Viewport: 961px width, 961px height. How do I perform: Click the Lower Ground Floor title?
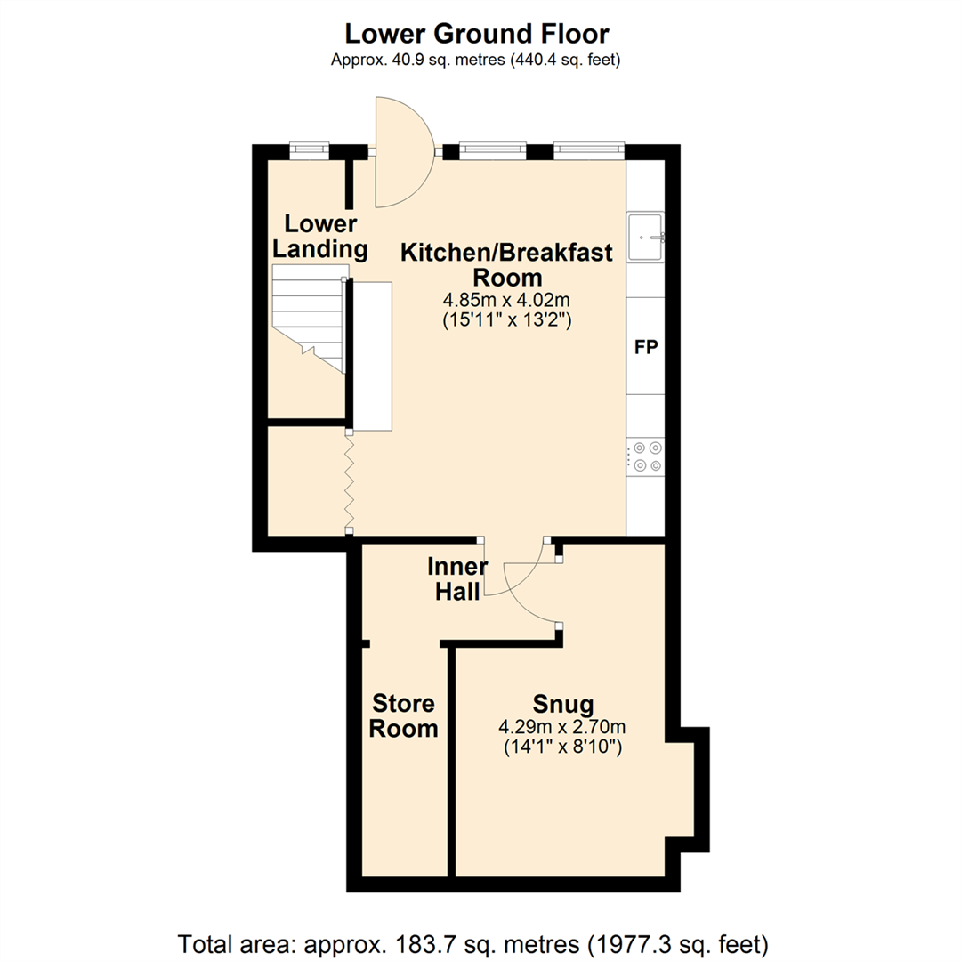[x=477, y=35]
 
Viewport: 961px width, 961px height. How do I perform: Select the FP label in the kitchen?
[x=645, y=347]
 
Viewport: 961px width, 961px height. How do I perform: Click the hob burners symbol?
[x=646, y=455]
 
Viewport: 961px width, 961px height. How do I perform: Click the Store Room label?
[x=404, y=716]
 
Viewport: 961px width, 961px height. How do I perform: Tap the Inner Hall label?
[x=457, y=579]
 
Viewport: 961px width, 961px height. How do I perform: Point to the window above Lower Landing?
[x=310, y=149]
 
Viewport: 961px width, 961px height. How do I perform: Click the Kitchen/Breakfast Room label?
[x=506, y=264]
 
